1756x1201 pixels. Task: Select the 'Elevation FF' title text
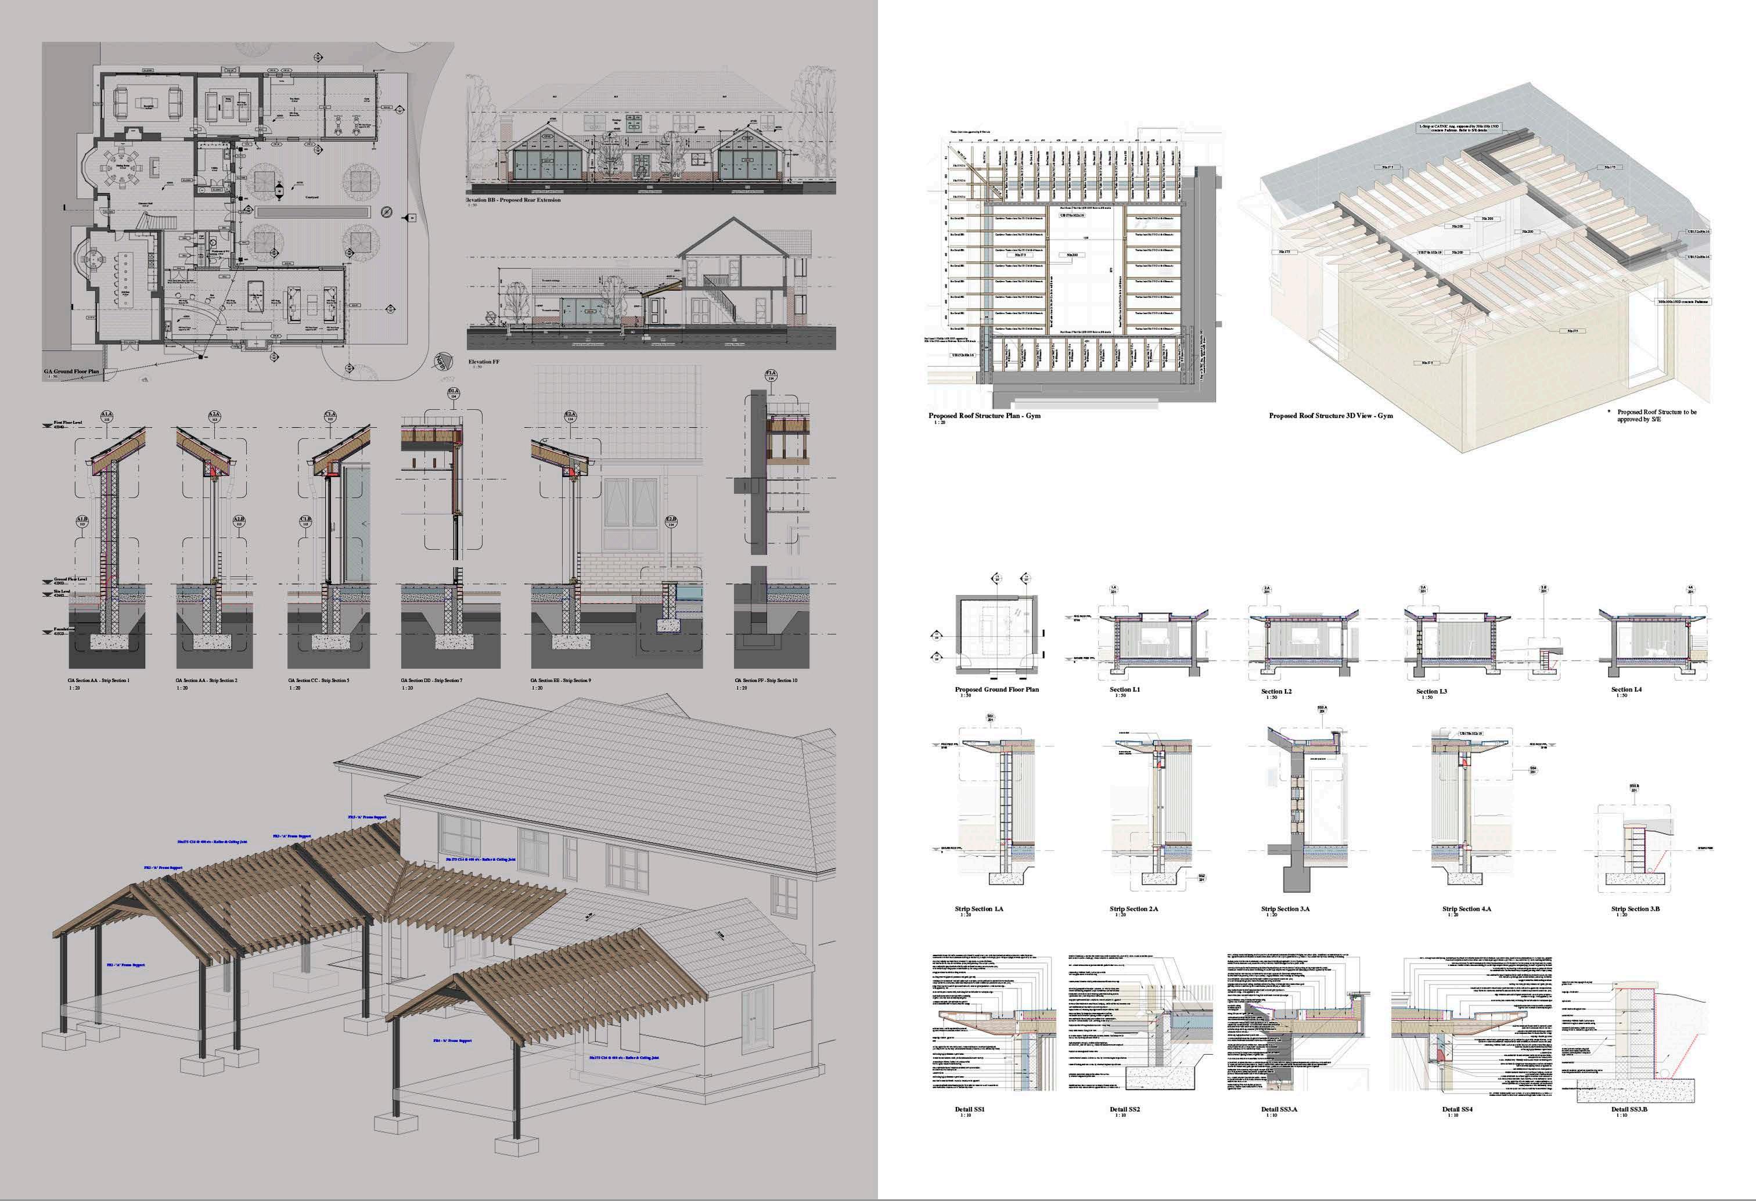484,362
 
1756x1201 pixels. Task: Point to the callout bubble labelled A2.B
239,521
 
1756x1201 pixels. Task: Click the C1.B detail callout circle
306,521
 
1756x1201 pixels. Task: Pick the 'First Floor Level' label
68,423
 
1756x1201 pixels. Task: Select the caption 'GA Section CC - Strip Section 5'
318,680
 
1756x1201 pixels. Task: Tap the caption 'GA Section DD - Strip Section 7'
431,680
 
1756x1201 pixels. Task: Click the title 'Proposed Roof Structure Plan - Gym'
984,416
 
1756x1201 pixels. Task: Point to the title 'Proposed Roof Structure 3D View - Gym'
1330,416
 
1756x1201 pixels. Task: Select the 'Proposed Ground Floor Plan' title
996,689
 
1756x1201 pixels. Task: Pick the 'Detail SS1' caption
969,1110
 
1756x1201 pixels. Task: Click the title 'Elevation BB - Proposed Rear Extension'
514,200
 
